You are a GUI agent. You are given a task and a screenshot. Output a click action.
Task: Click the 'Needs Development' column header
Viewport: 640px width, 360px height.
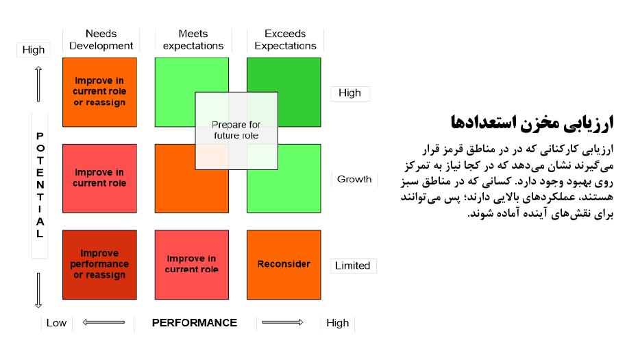101,40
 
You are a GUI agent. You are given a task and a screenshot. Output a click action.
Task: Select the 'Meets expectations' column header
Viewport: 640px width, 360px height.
193,40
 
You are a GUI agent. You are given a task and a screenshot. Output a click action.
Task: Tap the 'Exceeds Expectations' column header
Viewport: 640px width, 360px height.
285,40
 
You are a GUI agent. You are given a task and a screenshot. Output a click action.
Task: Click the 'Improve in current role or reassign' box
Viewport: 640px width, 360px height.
99,92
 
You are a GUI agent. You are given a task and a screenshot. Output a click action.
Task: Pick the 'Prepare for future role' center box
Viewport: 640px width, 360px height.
236,131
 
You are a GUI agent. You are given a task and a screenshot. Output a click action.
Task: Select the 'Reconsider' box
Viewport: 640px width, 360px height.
284,265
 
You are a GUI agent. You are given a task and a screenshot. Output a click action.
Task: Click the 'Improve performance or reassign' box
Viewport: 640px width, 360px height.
99,265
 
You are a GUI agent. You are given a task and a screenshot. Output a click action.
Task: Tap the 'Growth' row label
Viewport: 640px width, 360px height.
354,179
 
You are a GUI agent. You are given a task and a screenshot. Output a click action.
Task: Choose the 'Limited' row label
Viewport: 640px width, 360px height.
353,265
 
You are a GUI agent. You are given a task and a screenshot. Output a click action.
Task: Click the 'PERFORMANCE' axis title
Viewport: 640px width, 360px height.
195,323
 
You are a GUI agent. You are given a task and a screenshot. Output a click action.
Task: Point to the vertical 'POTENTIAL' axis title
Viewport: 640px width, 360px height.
40,184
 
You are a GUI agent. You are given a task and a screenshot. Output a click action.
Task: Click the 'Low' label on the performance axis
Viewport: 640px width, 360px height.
56,323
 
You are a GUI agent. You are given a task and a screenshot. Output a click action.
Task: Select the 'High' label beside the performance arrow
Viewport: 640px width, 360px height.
338,323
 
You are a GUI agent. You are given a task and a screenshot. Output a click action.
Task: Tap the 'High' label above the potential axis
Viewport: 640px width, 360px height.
34,50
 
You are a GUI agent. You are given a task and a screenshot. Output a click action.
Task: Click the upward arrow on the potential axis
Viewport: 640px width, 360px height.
38,84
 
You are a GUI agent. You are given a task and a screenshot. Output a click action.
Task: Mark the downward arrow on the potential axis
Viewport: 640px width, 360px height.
38,290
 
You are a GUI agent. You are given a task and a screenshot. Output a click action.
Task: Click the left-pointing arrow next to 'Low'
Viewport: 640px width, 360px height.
103,322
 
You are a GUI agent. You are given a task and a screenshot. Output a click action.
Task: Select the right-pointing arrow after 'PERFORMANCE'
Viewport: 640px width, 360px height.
282,322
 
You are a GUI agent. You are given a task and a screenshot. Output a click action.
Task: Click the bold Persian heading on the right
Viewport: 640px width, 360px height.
532,123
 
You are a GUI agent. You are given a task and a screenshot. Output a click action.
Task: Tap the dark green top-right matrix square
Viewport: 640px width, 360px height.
284,92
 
